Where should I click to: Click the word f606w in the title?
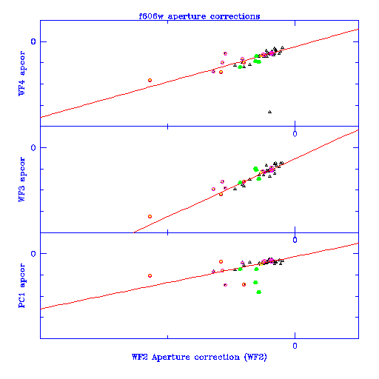coord(151,16)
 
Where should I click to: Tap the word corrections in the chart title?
coord(235,16)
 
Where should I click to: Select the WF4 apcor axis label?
coord(21,73)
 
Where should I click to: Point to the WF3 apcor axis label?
coord(21,179)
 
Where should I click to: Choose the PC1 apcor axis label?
coord(21,286)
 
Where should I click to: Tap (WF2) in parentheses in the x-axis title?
coord(255,357)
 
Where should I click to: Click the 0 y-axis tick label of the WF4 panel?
coord(33,41)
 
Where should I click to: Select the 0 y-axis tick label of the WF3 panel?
coord(33,147)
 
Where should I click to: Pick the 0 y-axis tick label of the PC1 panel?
coord(33,253)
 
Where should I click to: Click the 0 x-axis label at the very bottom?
coord(295,346)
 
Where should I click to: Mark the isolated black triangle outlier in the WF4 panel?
coord(269,112)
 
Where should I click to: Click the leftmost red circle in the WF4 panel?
coord(150,80)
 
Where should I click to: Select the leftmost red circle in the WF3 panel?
coord(150,216)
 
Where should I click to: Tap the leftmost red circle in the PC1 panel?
coord(150,275)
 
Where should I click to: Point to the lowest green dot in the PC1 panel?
coord(258,292)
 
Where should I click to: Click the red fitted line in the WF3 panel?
coord(246,181)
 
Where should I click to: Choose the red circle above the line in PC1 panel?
coord(221,261)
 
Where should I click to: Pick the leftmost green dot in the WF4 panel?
coord(240,67)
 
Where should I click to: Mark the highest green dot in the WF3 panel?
coord(255,169)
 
